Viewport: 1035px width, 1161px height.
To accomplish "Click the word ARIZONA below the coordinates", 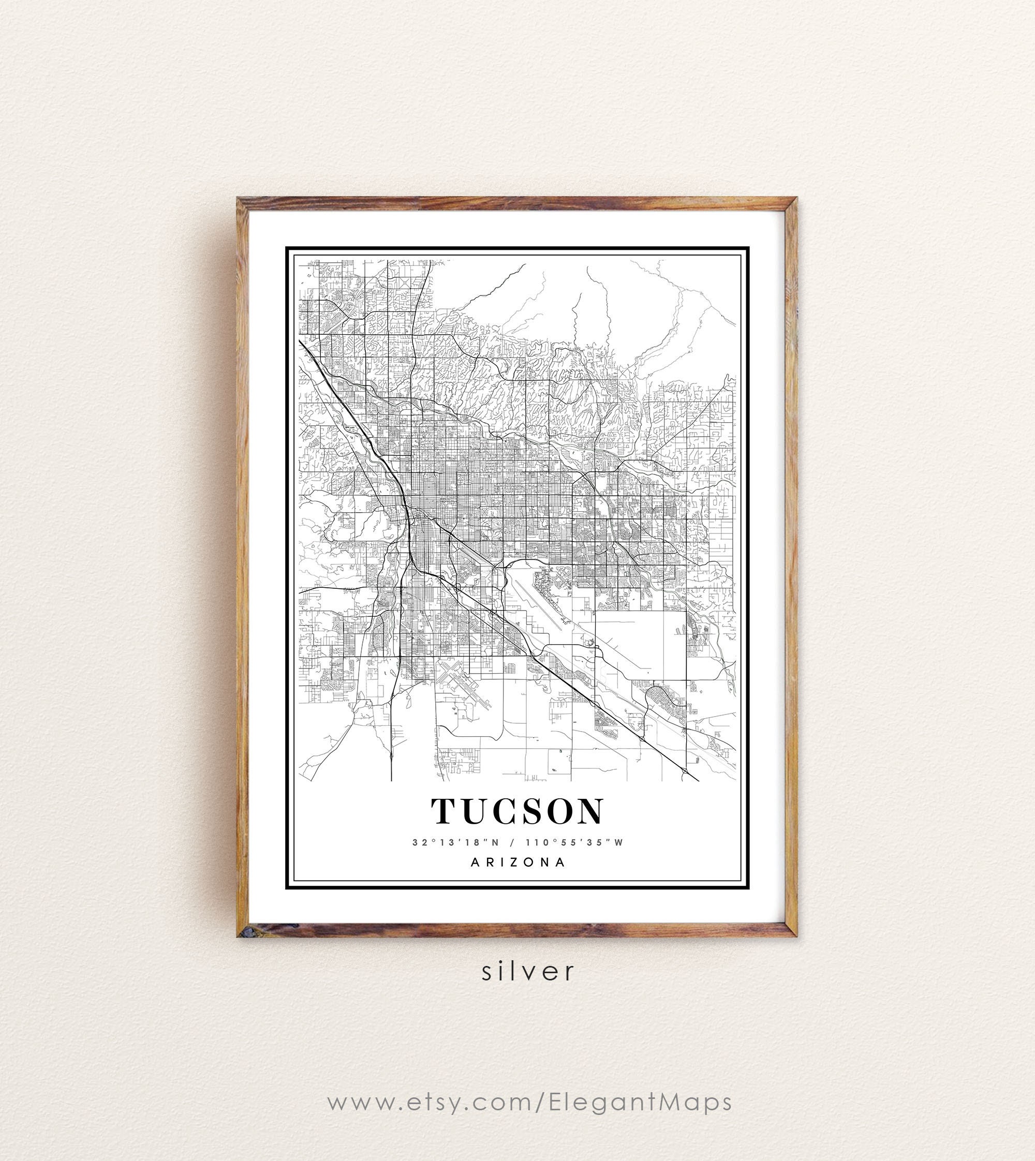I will (x=518, y=862).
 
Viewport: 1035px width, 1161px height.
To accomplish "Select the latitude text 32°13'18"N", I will (x=455, y=843).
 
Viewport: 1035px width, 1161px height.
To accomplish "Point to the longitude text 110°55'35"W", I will (x=574, y=843).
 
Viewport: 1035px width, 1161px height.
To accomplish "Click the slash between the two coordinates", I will (x=512, y=843).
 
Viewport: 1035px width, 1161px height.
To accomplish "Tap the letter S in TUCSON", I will (x=529, y=811).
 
